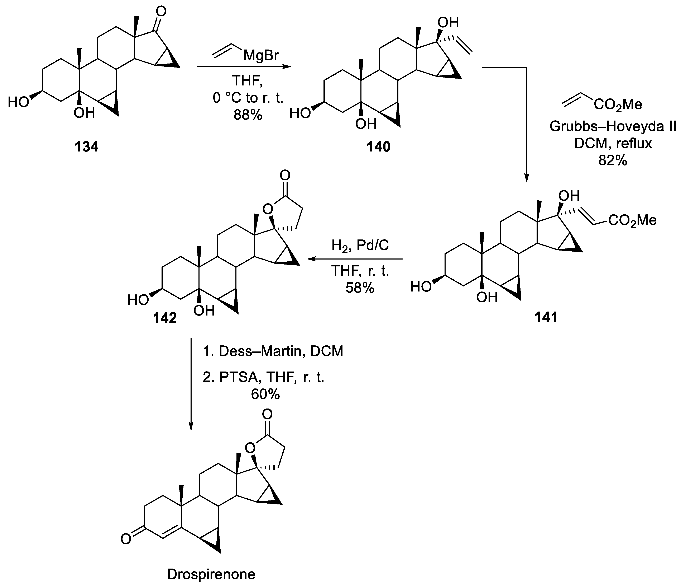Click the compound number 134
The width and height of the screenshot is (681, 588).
pyautogui.click(x=86, y=147)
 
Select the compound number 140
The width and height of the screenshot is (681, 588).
pyautogui.click(x=379, y=147)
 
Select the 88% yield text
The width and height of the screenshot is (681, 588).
pyautogui.click(x=248, y=115)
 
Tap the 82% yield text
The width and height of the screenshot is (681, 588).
pyautogui.click(x=612, y=160)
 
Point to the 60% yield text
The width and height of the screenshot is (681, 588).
pyautogui.click(x=265, y=394)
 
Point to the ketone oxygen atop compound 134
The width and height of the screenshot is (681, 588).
pyautogui.click(x=161, y=12)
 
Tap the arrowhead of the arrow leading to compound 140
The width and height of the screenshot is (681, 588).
pyautogui.click(x=288, y=67)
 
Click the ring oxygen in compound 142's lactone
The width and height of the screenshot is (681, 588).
pyautogui.click(x=268, y=208)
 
